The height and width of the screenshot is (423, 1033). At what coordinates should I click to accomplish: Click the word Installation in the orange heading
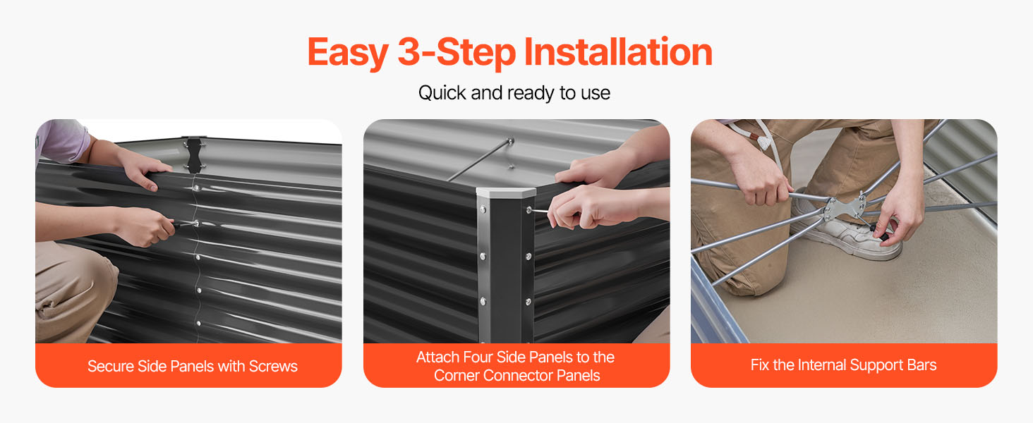click(x=618, y=53)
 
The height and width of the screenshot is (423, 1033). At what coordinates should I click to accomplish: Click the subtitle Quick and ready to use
click(x=514, y=93)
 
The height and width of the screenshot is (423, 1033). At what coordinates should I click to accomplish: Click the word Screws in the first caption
click(x=273, y=367)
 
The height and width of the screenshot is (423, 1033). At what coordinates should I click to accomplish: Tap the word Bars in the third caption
click(x=922, y=365)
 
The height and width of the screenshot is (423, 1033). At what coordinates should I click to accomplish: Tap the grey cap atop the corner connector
click(x=505, y=192)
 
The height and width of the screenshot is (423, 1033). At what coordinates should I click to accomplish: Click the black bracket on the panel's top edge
click(x=193, y=154)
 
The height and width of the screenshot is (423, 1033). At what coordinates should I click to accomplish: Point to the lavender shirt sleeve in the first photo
click(x=63, y=142)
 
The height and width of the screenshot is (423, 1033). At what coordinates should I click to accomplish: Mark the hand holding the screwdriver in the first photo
click(x=145, y=227)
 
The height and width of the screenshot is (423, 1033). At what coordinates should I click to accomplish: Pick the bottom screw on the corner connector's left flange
click(x=483, y=301)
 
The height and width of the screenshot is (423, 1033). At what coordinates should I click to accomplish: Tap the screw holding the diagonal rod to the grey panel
click(x=511, y=141)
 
